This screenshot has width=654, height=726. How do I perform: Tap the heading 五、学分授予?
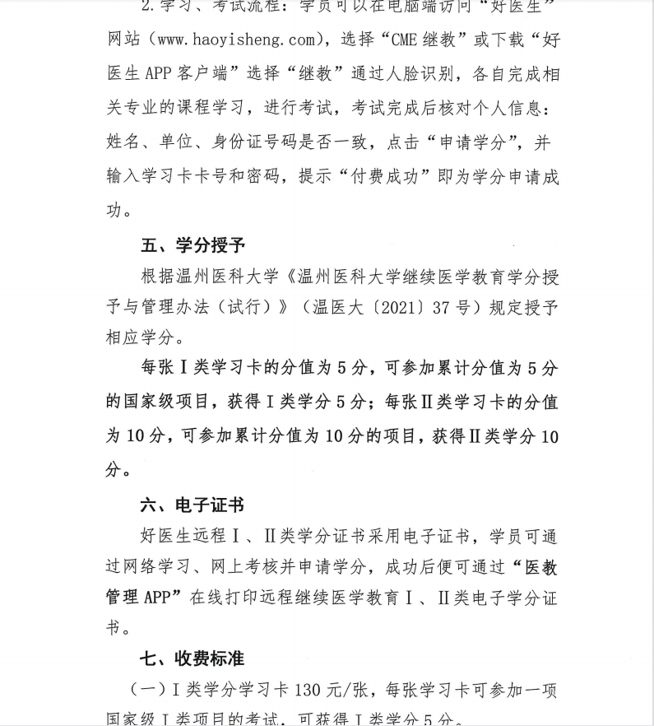click(193, 245)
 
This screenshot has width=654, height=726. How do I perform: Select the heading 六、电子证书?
click(193, 505)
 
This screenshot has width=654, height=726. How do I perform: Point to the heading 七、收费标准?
click(193, 659)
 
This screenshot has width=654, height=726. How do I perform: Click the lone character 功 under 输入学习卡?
click(114, 211)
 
